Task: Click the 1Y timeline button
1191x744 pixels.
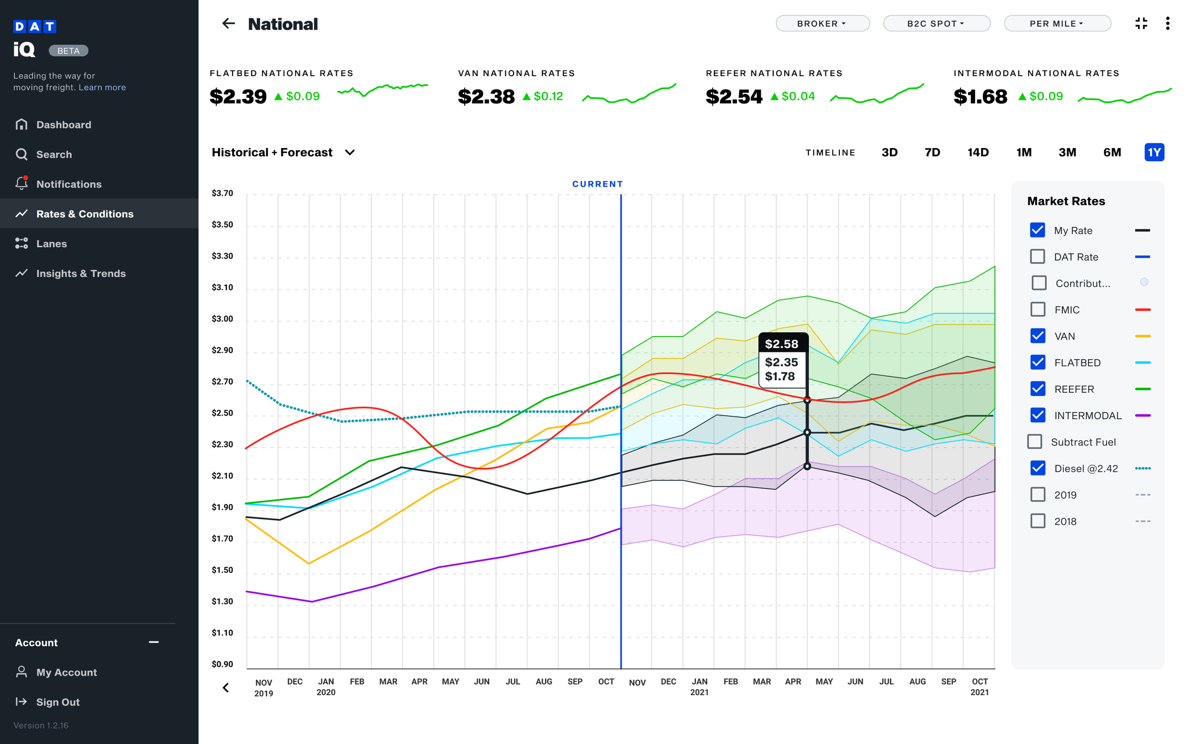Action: (x=1153, y=152)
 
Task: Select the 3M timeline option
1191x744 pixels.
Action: (x=1067, y=152)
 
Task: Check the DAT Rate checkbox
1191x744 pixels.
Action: (x=1037, y=257)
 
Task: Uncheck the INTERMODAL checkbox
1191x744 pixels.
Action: (x=1038, y=415)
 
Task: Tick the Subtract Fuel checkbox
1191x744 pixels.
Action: (x=1034, y=441)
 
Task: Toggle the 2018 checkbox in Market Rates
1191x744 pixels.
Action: (x=1038, y=521)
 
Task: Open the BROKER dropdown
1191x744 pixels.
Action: (x=822, y=23)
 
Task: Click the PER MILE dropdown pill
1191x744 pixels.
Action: (x=1057, y=23)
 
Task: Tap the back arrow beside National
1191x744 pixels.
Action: (x=229, y=23)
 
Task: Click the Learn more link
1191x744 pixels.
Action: (x=102, y=87)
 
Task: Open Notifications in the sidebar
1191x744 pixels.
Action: (x=69, y=184)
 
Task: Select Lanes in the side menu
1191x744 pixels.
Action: (x=51, y=244)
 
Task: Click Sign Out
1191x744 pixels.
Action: (x=57, y=702)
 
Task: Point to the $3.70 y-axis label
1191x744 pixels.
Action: (x=222, y=193)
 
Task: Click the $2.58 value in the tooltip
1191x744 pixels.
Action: (x=781, y=344)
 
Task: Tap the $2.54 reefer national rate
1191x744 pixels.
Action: (x=734, y=96)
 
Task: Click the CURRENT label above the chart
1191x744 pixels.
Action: (x=597, y=184)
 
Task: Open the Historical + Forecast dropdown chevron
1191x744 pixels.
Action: (x=350, y=152)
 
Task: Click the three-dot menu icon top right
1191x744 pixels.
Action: (x=1167, y=23)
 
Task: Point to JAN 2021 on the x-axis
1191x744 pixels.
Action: (x=699, y=686)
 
